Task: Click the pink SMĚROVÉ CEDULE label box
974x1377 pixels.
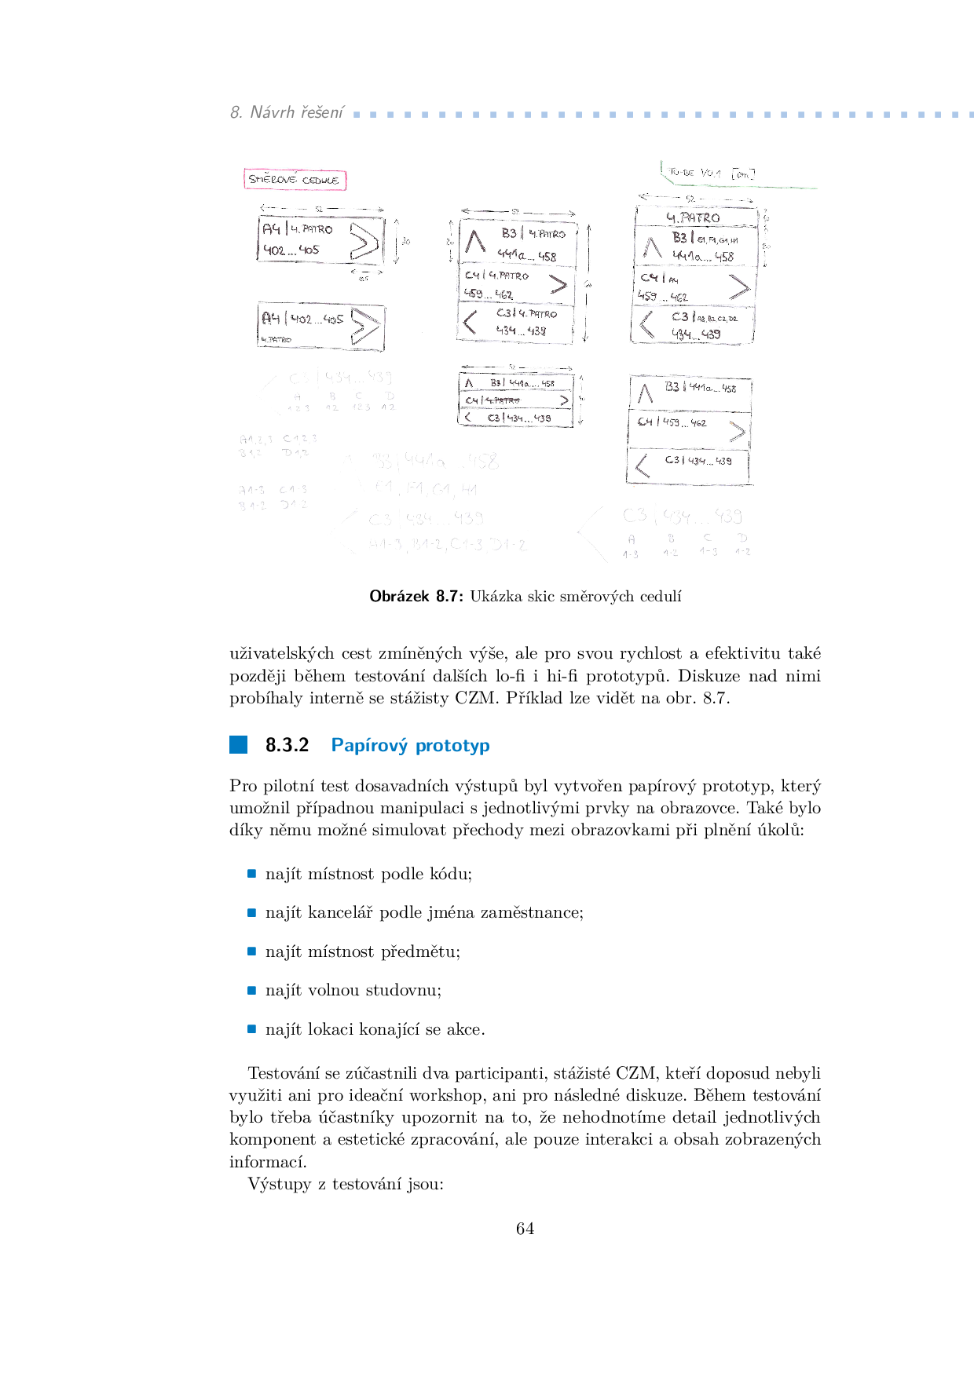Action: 295,180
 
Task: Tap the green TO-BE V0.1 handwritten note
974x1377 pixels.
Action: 710,173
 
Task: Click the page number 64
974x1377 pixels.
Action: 525,1229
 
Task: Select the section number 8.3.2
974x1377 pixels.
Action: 287,745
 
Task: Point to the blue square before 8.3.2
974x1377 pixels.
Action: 238,744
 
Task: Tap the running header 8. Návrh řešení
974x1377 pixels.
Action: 287,112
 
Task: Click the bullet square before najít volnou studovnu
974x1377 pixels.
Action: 251,990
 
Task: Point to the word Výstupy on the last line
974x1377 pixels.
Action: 280,1184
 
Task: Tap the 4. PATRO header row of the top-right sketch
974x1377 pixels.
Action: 694,217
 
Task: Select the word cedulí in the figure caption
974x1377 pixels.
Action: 661,597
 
